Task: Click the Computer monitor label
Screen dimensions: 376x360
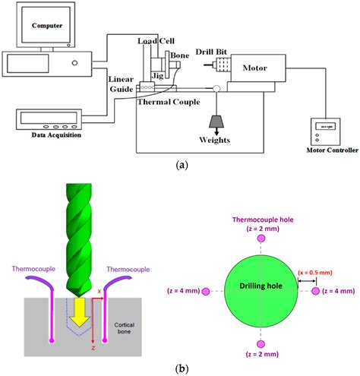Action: tap(47, 25)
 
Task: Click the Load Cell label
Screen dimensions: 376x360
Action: tap(157, 42)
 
